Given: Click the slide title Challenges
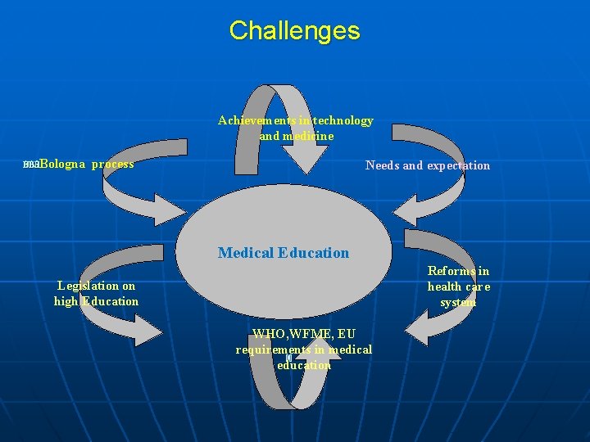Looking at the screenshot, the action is pos(294,31).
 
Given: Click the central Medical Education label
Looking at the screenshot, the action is pos(283,253).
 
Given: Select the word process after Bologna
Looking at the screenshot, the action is pos(113,165).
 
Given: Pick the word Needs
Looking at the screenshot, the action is pos(382,165).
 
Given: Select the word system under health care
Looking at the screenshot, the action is pos(458,302).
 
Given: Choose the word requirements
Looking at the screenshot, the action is pos(273,350).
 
